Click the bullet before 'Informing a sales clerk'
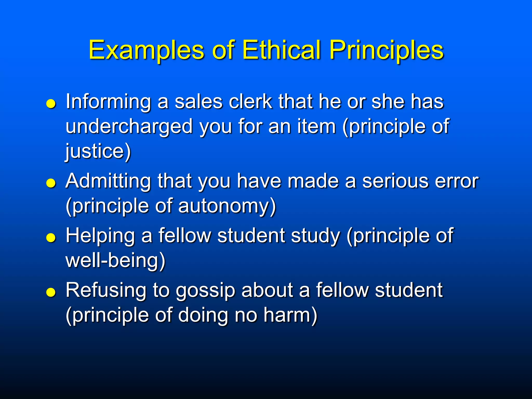tap(51, 104)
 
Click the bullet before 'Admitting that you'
tap(51, 183)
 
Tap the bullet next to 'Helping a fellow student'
tap(51, 238)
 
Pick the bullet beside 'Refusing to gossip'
tap(51, 292)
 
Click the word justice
tap(95, 151)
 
